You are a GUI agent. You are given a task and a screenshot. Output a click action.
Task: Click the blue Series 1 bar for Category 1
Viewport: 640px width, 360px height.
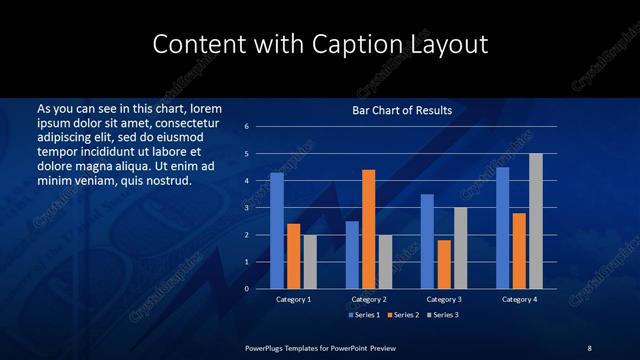click(x=277, y=230)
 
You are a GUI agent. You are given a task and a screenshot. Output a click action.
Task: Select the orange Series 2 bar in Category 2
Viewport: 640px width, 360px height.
click(x=369, y=229)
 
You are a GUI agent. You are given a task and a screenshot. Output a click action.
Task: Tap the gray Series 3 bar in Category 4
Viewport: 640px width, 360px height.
click(x=536, y=221)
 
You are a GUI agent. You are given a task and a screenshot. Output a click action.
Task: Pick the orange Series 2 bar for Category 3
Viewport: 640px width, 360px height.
click(x=444, y=264)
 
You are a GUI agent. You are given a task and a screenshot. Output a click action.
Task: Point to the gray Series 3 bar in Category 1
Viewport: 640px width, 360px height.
click(x=310, y=261)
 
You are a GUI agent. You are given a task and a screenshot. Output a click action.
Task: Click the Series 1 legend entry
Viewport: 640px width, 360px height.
click(x=366, y=315)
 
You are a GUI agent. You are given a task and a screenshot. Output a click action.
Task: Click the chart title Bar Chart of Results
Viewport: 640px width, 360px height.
click(x=403, y=110)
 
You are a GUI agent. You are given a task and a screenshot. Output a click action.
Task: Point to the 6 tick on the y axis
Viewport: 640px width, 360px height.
click(x=246, y=127)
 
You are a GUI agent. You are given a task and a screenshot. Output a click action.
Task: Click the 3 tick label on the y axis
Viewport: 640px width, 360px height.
click(x=246, y=208)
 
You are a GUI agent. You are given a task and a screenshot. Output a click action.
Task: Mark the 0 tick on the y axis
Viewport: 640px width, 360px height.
click(x=246, y=289)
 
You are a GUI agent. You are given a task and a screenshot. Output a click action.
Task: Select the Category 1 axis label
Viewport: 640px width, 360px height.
click(x=294, y=299)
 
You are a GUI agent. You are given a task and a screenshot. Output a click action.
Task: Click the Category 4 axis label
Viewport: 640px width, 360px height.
click(x=519, y=299)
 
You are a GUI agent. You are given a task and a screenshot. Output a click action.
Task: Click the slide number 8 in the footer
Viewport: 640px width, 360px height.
click(x=589, y=347)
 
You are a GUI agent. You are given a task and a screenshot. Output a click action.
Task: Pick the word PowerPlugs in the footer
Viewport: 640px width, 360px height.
click(x=267, y=347)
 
